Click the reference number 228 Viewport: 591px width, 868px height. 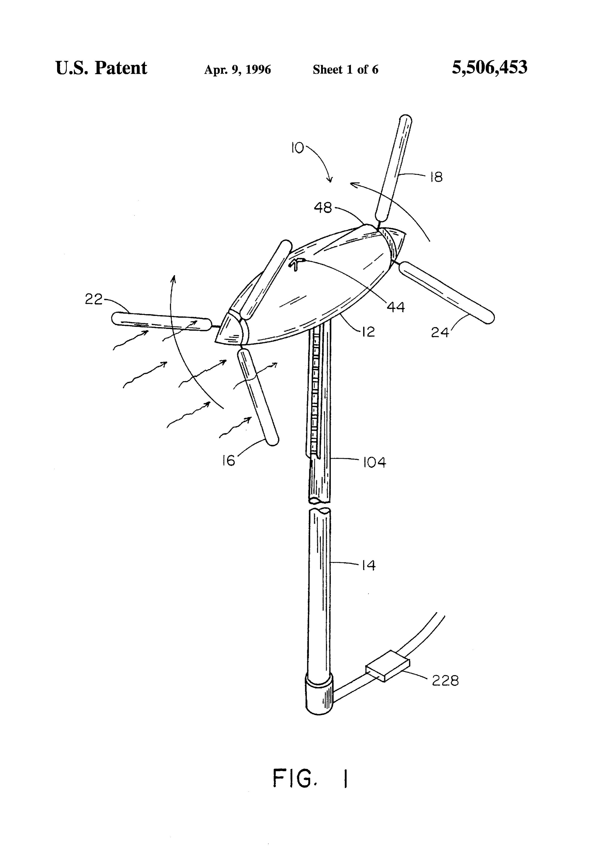tap(445, 681)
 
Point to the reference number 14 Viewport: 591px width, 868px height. tap(368, 565)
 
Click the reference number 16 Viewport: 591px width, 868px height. tap(229, 460)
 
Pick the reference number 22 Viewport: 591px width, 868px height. tap(93, 299)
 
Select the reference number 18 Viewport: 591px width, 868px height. tap(436, 177)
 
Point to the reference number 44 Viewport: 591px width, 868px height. tap(396, 307)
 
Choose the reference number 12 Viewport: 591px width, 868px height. tap(368, 332)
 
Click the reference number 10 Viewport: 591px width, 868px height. tap(298, 148)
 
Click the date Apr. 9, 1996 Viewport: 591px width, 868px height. tap(238, 70)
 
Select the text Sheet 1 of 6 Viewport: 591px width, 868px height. tap(346, 70)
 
